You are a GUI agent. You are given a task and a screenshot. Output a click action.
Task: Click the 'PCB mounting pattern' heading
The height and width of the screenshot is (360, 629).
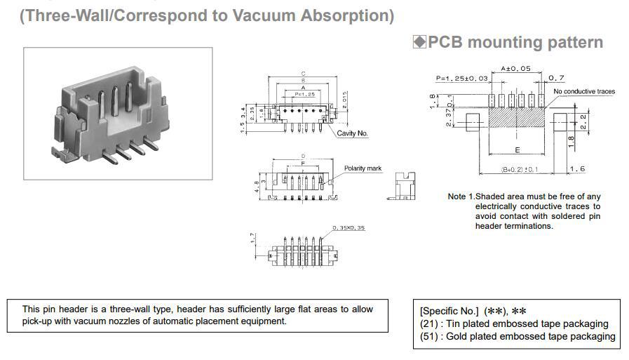click(515, 42)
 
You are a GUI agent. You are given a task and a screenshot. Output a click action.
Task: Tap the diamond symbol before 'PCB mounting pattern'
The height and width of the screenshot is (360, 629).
click(419, 42)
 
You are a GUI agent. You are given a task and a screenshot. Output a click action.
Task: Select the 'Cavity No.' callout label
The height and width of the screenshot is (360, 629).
click(352, 133)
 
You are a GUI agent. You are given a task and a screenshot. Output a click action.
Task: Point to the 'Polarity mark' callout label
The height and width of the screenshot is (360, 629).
click(363, 168)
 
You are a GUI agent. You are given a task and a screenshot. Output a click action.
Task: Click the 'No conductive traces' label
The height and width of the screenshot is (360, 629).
click(583, 92)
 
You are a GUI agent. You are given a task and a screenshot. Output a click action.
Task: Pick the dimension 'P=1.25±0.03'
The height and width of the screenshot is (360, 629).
click(461, 78)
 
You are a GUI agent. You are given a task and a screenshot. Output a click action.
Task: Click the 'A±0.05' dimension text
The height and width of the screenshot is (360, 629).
click(515, 69)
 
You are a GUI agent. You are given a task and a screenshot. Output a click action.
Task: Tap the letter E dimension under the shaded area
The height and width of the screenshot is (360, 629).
click(517, 150)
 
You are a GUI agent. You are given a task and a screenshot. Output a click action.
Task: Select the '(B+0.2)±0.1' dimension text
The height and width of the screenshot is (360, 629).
click(520, 169)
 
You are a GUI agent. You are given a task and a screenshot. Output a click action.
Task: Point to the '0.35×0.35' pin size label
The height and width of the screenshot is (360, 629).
click(349, 227)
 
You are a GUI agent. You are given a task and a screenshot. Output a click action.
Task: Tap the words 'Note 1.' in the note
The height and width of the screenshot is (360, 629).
click(461, 196)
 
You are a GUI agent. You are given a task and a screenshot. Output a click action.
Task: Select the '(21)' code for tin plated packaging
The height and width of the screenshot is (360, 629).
click(429, 324)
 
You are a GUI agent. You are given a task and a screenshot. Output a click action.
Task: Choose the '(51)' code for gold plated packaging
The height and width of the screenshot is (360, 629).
click(429, 336)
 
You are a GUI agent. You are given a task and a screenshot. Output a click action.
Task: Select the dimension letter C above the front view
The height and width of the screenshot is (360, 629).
click(303, 73)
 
